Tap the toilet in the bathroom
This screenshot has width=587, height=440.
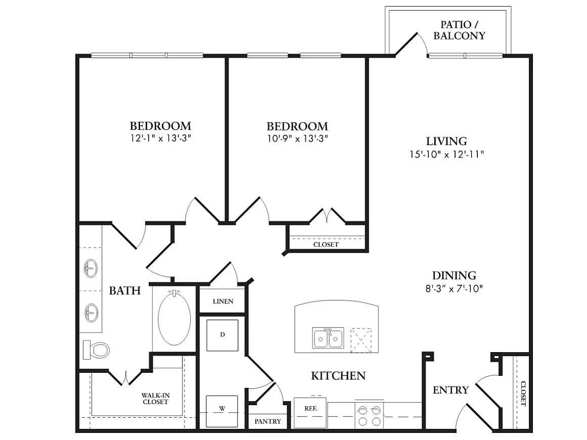[x=97, y=350]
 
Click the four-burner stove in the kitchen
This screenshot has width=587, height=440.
[x=369, y=415]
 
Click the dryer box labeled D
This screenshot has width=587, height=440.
[x=222, y=335]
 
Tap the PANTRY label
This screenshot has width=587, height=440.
[x=267, y=421]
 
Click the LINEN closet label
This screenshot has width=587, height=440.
[x=222, y=302]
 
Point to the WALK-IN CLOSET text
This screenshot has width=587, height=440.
[x=155, y=399]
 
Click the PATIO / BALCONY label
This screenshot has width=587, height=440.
[x=463, y=30]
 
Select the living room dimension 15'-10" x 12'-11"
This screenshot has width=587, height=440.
[x=447, y=155]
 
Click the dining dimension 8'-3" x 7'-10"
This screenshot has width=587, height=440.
[x=454, y=289]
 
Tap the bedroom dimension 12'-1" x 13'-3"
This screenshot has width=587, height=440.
[x=160, y=137]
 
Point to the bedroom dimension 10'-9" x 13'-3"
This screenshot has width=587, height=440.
[x=297, y=137]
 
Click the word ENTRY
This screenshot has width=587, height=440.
[x=450, y=390]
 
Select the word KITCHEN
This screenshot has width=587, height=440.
[x=338, y=376]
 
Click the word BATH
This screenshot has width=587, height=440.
[x=124, y=290]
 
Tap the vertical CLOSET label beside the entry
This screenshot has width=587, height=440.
[x=522, y=394]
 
